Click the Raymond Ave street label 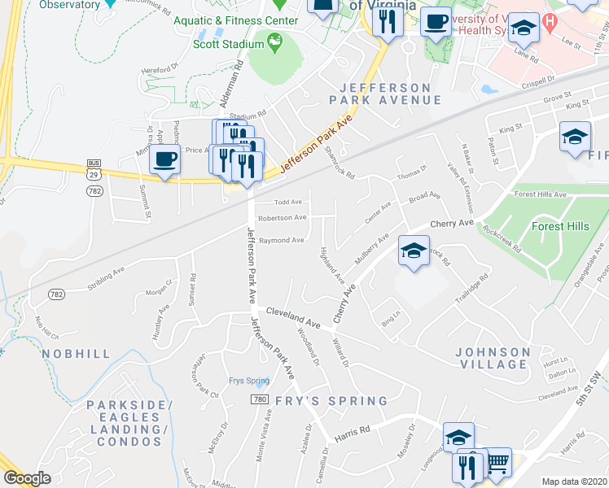coord(281,240)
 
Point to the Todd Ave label coord(288,202)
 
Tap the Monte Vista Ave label coord(265,439)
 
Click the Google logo coord(27,478)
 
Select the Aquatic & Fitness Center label coord(233,20)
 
